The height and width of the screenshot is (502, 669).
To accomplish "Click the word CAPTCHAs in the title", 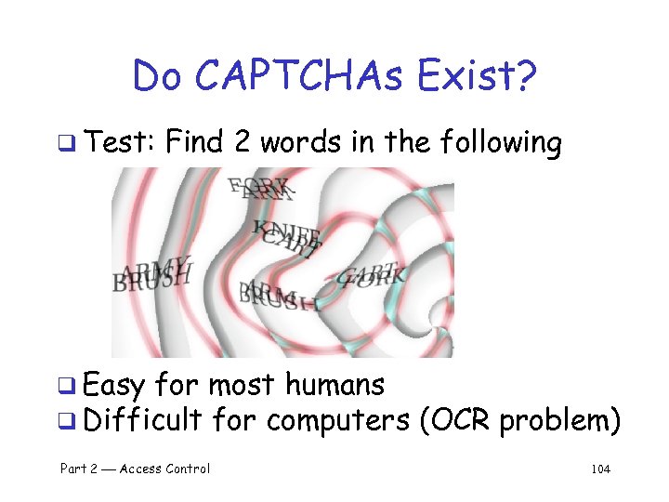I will (299, 76).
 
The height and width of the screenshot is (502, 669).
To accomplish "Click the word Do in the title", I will (161, 76).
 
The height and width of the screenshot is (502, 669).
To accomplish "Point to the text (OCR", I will (454, 421).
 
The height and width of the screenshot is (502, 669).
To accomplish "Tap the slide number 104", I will (600, 469).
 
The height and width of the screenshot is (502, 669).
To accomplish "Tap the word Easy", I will (117, 384).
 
